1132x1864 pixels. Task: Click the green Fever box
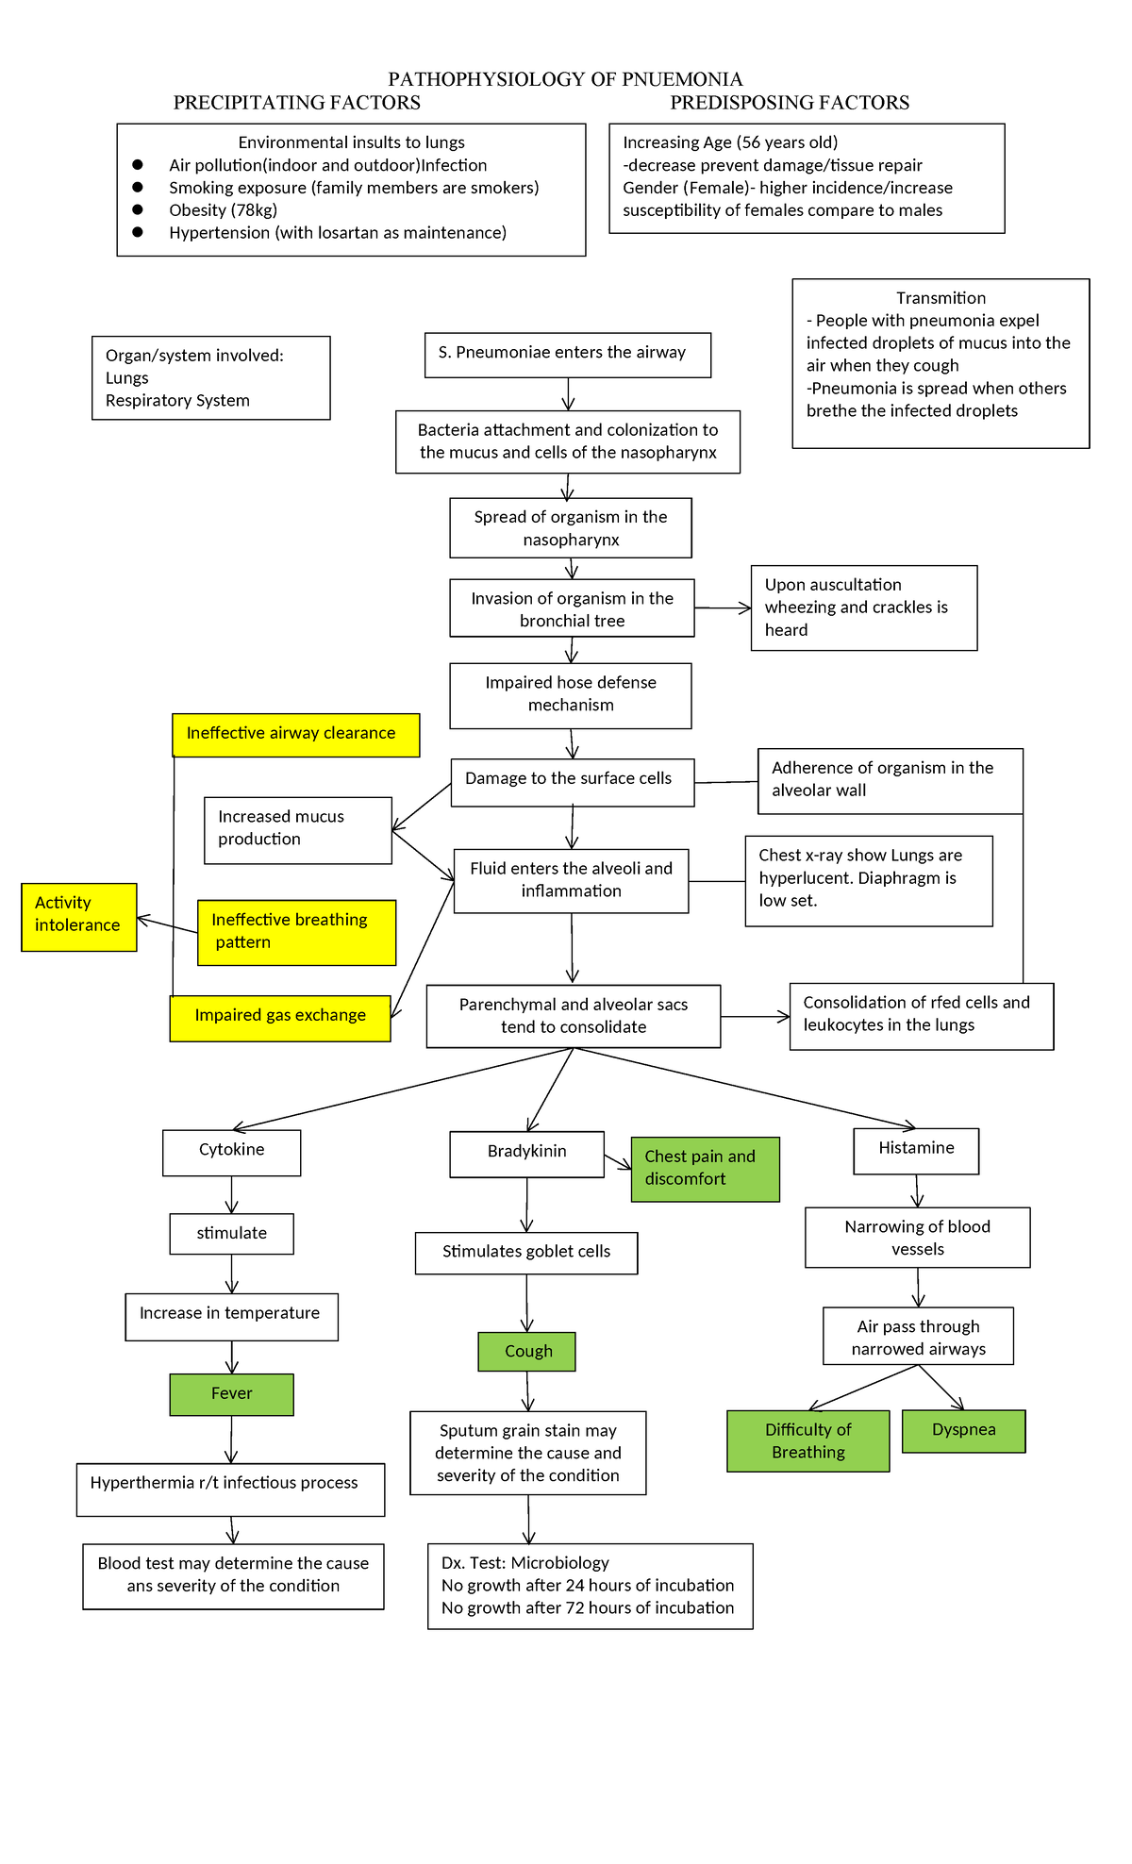point(231,1394)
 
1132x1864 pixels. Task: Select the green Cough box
point(526,1351)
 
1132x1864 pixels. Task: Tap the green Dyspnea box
point(963,1430)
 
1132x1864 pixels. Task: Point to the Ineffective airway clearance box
point(295,734)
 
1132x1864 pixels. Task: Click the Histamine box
point(916,1150)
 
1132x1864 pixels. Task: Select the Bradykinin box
point(526,1153)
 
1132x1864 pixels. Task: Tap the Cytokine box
point(231,1152)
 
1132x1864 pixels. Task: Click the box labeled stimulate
point(231,1233)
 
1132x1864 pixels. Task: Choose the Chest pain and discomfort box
point(705,1168)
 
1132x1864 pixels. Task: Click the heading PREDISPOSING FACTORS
point(790,103)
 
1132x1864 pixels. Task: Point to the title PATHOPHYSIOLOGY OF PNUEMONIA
point(565,79)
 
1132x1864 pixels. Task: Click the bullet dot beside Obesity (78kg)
point(138,209)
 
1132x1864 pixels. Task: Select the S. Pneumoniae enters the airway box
point(567,354)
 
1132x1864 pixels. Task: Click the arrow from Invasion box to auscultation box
point(723,609)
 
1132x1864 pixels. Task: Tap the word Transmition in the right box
point(941,298)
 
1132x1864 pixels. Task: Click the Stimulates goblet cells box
point(526,1252)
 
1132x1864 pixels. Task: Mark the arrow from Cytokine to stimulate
point(232,1195)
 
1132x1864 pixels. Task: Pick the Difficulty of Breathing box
point(807,1440)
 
